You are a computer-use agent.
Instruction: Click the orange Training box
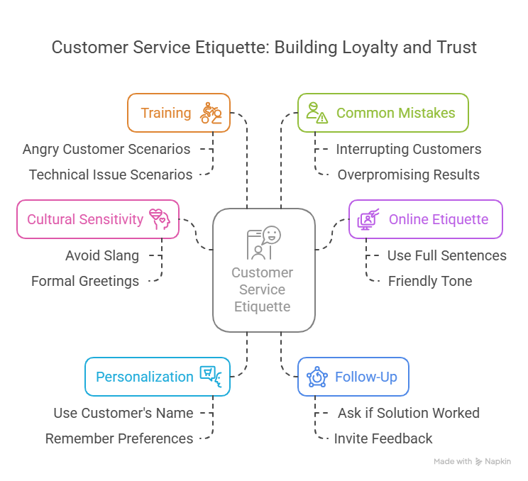click(x=178, y=113)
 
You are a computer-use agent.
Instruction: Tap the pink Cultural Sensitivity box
click(x=97, y=219)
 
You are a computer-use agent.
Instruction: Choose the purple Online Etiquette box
click(x=425, y=219)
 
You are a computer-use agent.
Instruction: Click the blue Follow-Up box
click(x=353, y=376)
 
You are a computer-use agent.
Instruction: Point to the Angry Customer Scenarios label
click(x=106, y=149)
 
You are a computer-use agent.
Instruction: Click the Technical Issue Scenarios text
click(x=111, y=175)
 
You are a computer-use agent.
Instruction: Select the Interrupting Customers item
click(x=409, y=149)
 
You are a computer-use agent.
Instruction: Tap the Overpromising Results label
click(x=409, y=175)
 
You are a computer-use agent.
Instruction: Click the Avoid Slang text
click(x=102, y=255)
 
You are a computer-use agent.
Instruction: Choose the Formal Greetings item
click(x=85, y=281)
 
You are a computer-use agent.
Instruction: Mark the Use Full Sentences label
click(x=447, y=255)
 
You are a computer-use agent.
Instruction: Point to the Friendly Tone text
click(x=430, y=281)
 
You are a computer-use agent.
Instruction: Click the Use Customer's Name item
click(x=123, y=413)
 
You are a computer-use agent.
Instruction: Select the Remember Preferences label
click(x=119, y=438)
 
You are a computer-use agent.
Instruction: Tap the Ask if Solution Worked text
click(x=408, y=413)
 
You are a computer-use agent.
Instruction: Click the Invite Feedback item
click(x=383, y=438)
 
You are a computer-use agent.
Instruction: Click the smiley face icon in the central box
click(x=272, y=235)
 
